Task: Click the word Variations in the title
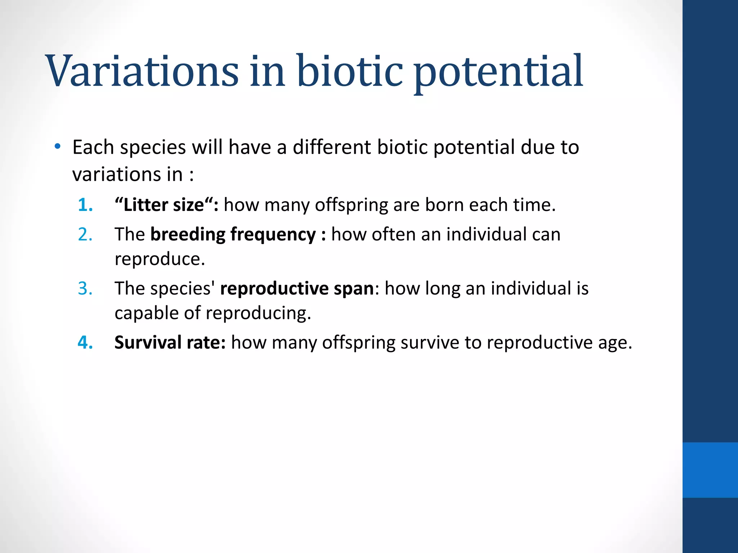point(142,71)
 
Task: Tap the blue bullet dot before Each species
point(57,147)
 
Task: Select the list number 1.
point(85,205)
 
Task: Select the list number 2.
point(85,234)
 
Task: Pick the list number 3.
point(85,288)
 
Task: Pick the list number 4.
point(85,342)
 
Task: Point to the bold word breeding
point(188,234)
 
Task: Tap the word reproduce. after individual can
point(160,259)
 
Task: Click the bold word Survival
point(148,342)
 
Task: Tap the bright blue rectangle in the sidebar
point(710,470)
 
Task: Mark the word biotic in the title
point(350,71)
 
